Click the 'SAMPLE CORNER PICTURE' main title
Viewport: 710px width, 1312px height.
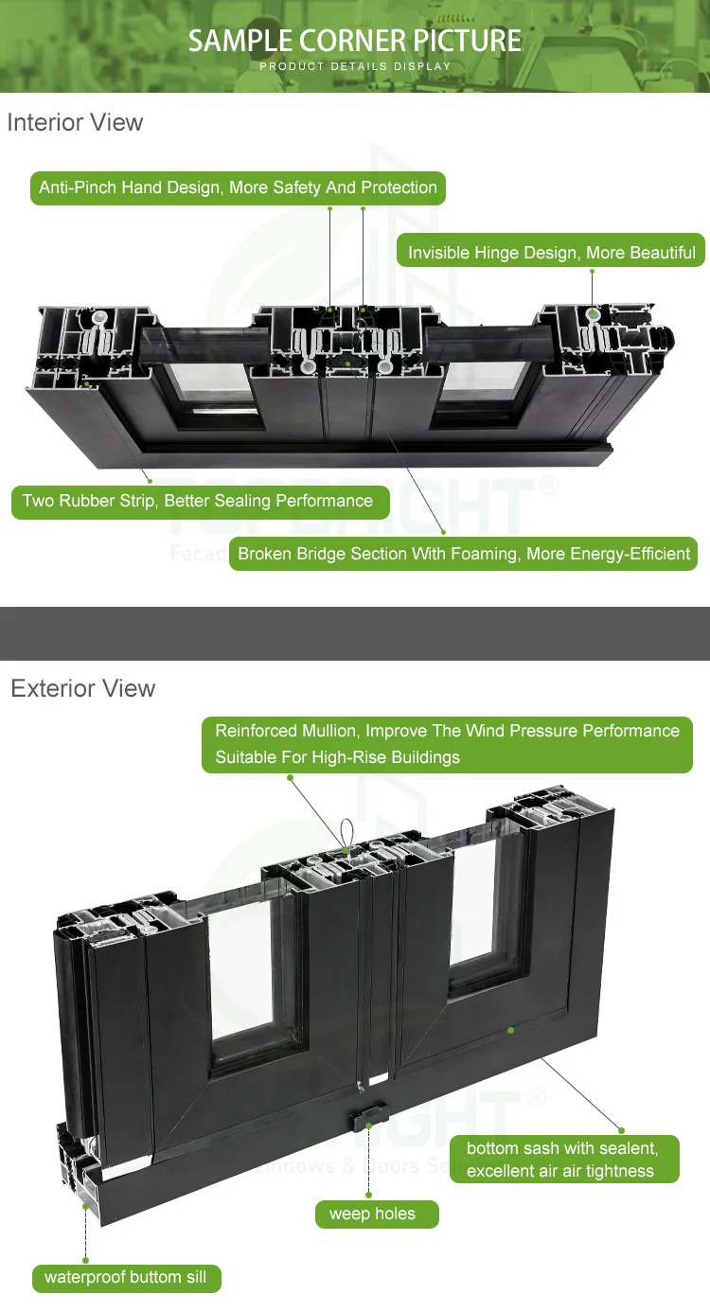(x=354, y=41)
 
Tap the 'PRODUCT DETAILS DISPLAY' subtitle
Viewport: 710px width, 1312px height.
(x=355, y=66)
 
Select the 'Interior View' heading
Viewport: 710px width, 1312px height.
(x=75, y=122)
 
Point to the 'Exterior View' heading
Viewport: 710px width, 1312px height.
(x=83, y=688)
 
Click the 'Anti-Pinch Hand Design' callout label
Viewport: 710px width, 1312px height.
(x=238, y=188)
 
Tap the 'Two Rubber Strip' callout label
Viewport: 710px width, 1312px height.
(x=201, y=502)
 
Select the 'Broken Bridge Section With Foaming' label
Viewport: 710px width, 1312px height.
(x=463, y=554)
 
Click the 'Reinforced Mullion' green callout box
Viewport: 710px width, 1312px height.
(x=447, y=744)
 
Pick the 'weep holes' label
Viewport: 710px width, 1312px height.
(x=377, y=1214)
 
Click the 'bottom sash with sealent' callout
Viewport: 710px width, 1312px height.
(x=565, y=1160)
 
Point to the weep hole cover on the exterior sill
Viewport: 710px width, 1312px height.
(x=368, y=1117)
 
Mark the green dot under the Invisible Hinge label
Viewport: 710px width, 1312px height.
(x=593, y=271)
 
